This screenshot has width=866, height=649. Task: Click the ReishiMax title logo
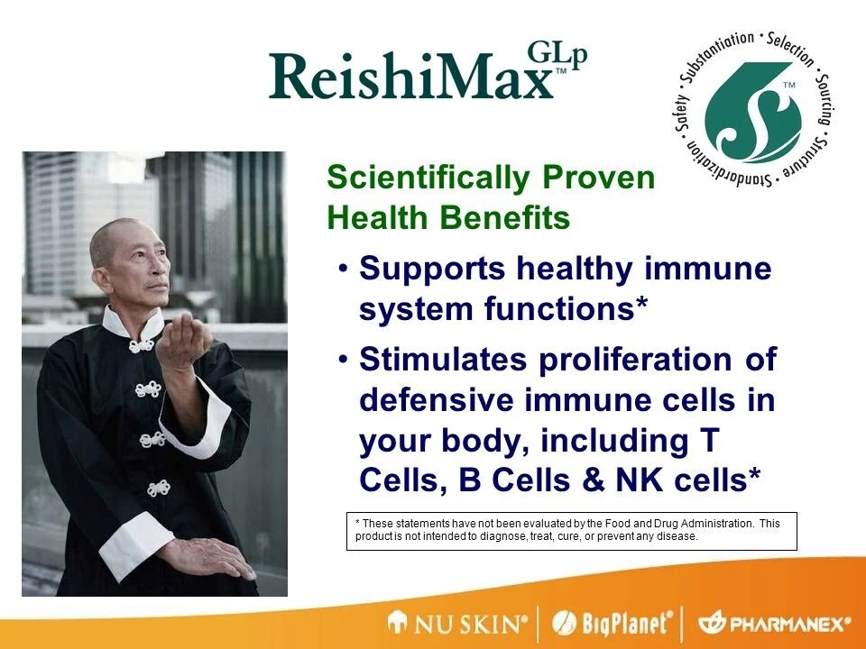click(428, 73)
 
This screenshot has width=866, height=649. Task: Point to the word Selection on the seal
click(791, 49)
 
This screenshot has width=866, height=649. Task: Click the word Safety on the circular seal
click(682, 113)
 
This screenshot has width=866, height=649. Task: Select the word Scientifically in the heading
click(428, 178)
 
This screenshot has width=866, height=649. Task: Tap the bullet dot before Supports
click(344, 269)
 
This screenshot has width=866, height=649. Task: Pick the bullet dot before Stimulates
click(344, 360)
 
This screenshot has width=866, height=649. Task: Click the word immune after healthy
click(708, 269)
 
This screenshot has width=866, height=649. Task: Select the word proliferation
click(635, 360)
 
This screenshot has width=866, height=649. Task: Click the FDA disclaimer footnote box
click(572, 531)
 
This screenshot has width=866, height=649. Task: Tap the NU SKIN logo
click(457, 624)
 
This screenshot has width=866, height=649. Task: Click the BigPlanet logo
click(613, 624)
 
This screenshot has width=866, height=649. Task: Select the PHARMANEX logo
click(774, 624)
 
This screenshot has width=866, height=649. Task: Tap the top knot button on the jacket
click(142, 345)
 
